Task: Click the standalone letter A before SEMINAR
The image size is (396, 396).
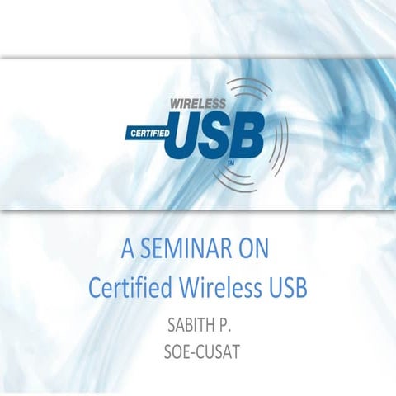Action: tap(127, 247)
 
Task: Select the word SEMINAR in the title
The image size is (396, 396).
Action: tap(187, 247)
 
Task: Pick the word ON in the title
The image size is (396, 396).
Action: tap(255, 247)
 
